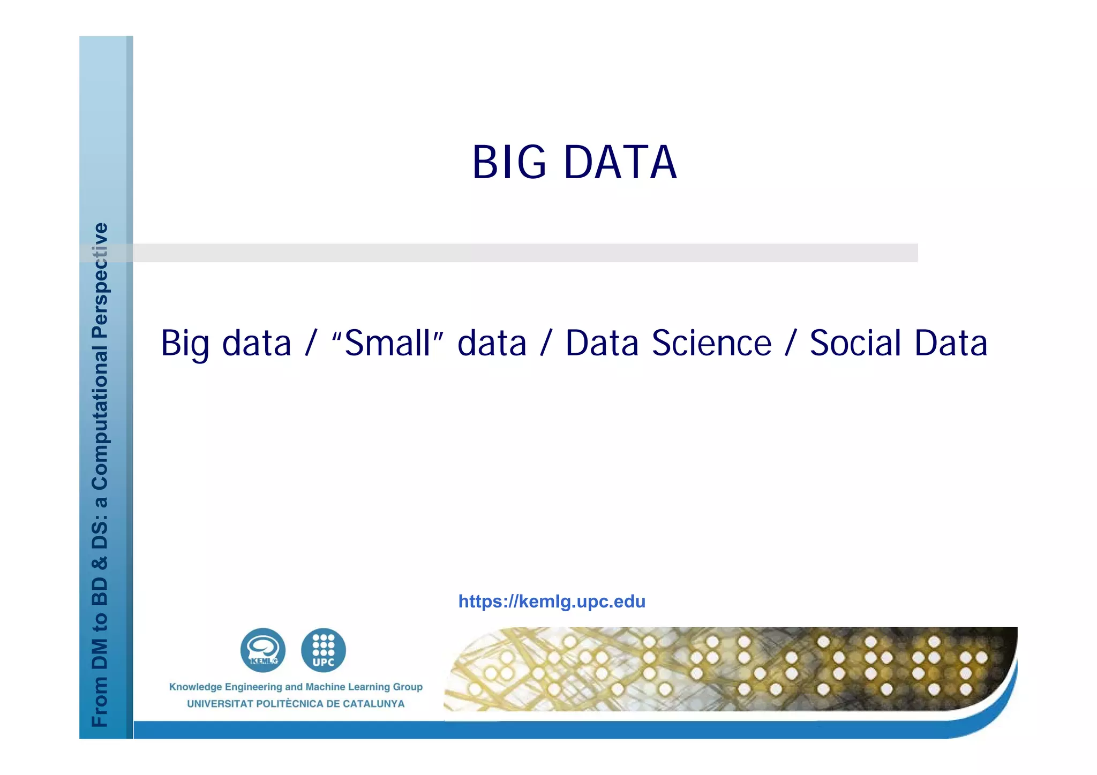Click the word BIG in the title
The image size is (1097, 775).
coord(509,162)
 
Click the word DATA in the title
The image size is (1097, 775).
coord(620,162)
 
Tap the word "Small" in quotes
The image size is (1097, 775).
coord(388,343)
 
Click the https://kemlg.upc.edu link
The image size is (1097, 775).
coord(552,602)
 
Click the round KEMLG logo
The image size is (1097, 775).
coord(262,650)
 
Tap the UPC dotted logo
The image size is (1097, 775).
coord(324,650)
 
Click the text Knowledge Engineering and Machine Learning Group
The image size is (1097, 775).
coord(296,687)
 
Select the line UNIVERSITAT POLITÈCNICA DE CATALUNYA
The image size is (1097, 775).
coord(296,704)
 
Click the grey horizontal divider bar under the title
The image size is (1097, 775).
coord(525,253)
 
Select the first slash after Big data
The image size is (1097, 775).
coord(311,343)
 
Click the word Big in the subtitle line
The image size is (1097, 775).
coord(184,343)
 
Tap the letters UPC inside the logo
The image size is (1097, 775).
coord(324,662)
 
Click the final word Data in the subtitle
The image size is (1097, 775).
coord(951,343)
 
